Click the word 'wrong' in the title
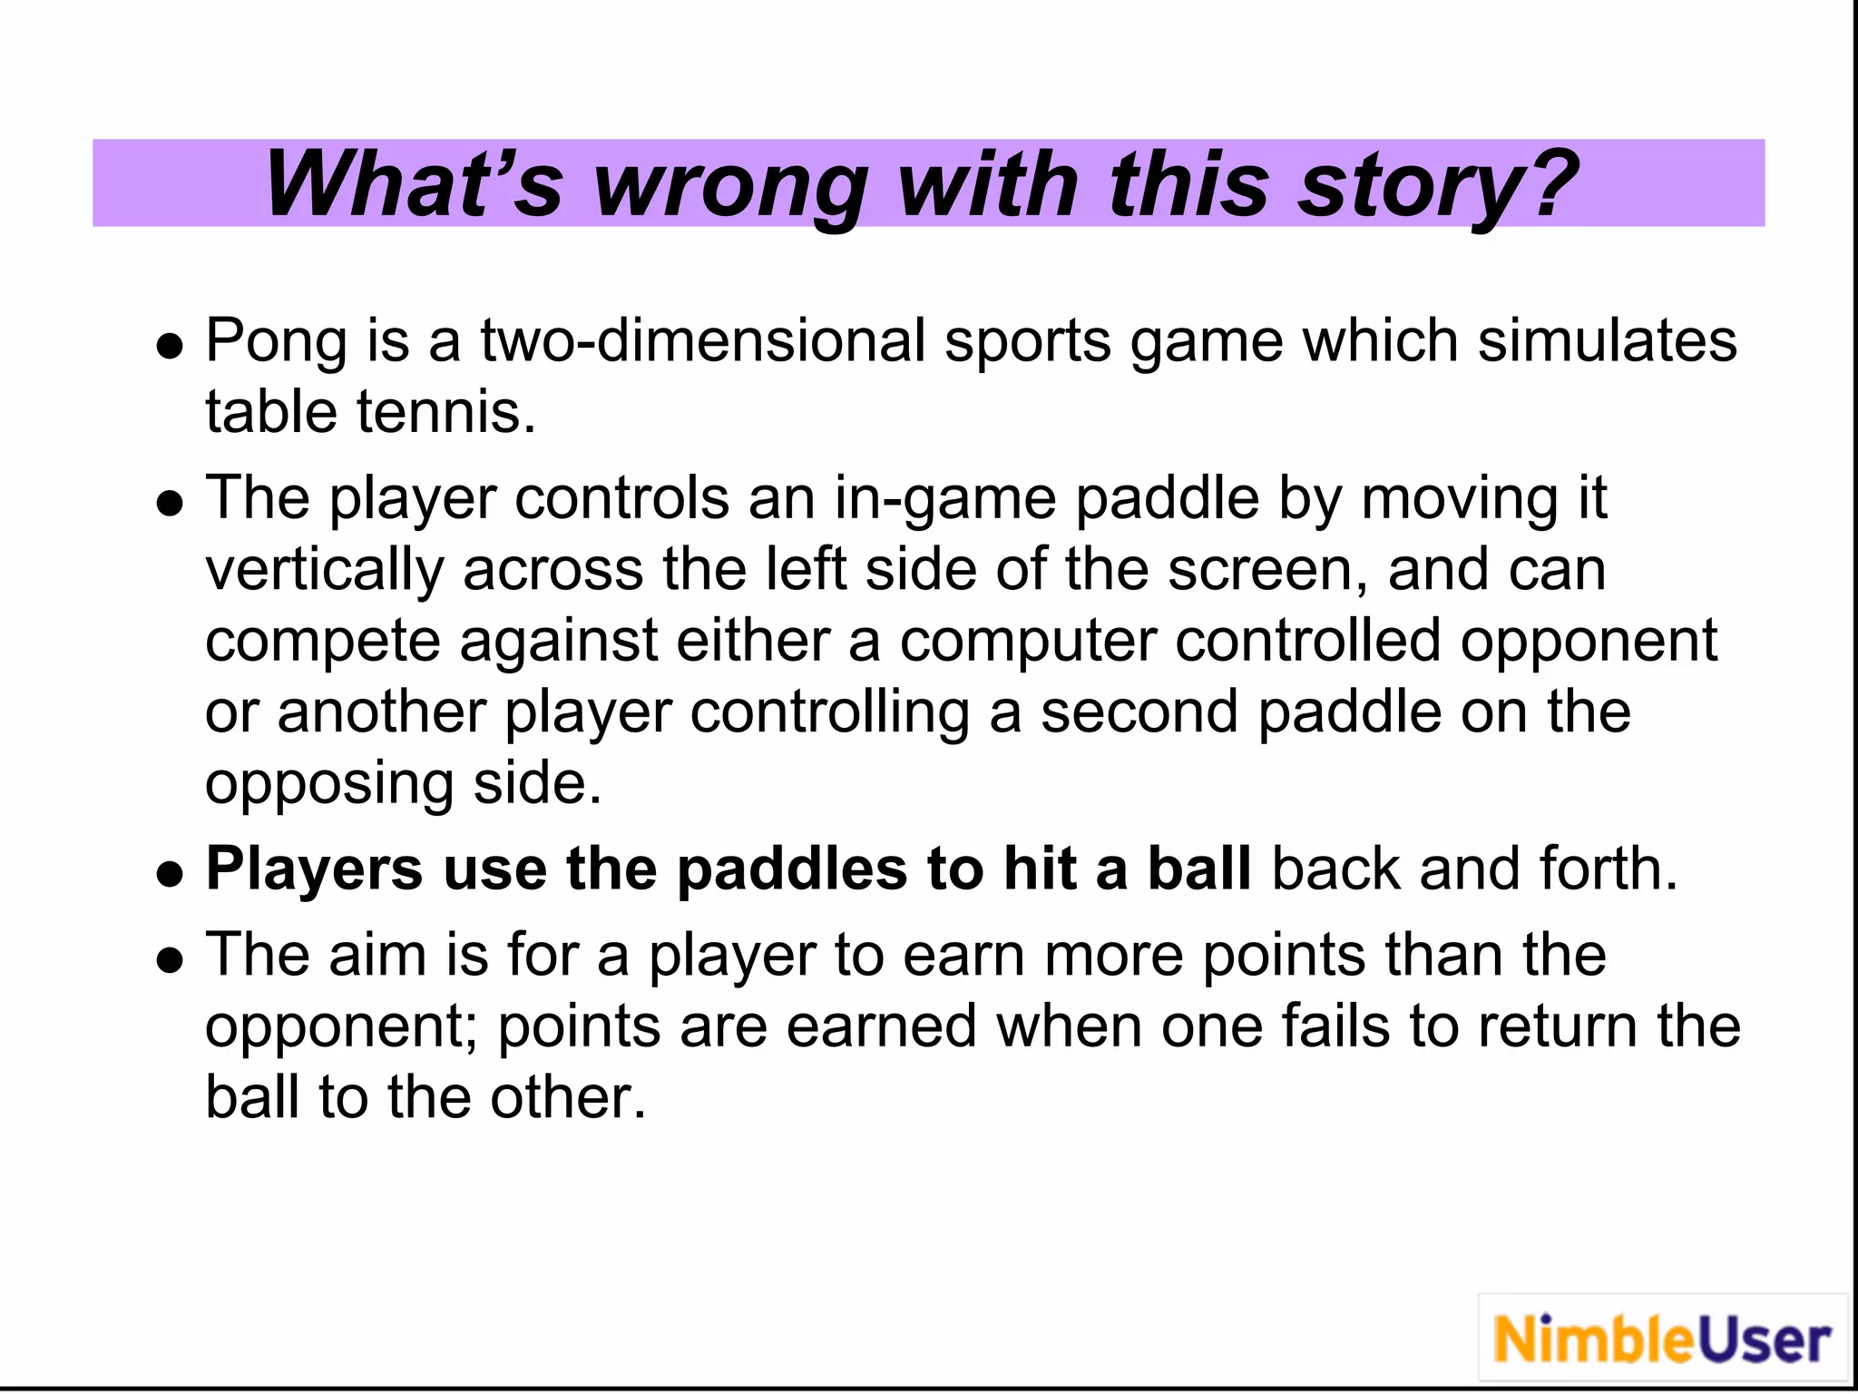(731, 186)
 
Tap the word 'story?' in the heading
(1438, 186)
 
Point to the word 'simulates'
(1607, 342)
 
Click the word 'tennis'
(445, 413)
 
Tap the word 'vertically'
(325, 571)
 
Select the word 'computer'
(1028, 641)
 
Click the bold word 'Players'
(314, 869)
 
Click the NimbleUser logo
(1662, 1339)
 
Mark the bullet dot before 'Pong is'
(170, 346)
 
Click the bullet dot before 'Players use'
(170, 873)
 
